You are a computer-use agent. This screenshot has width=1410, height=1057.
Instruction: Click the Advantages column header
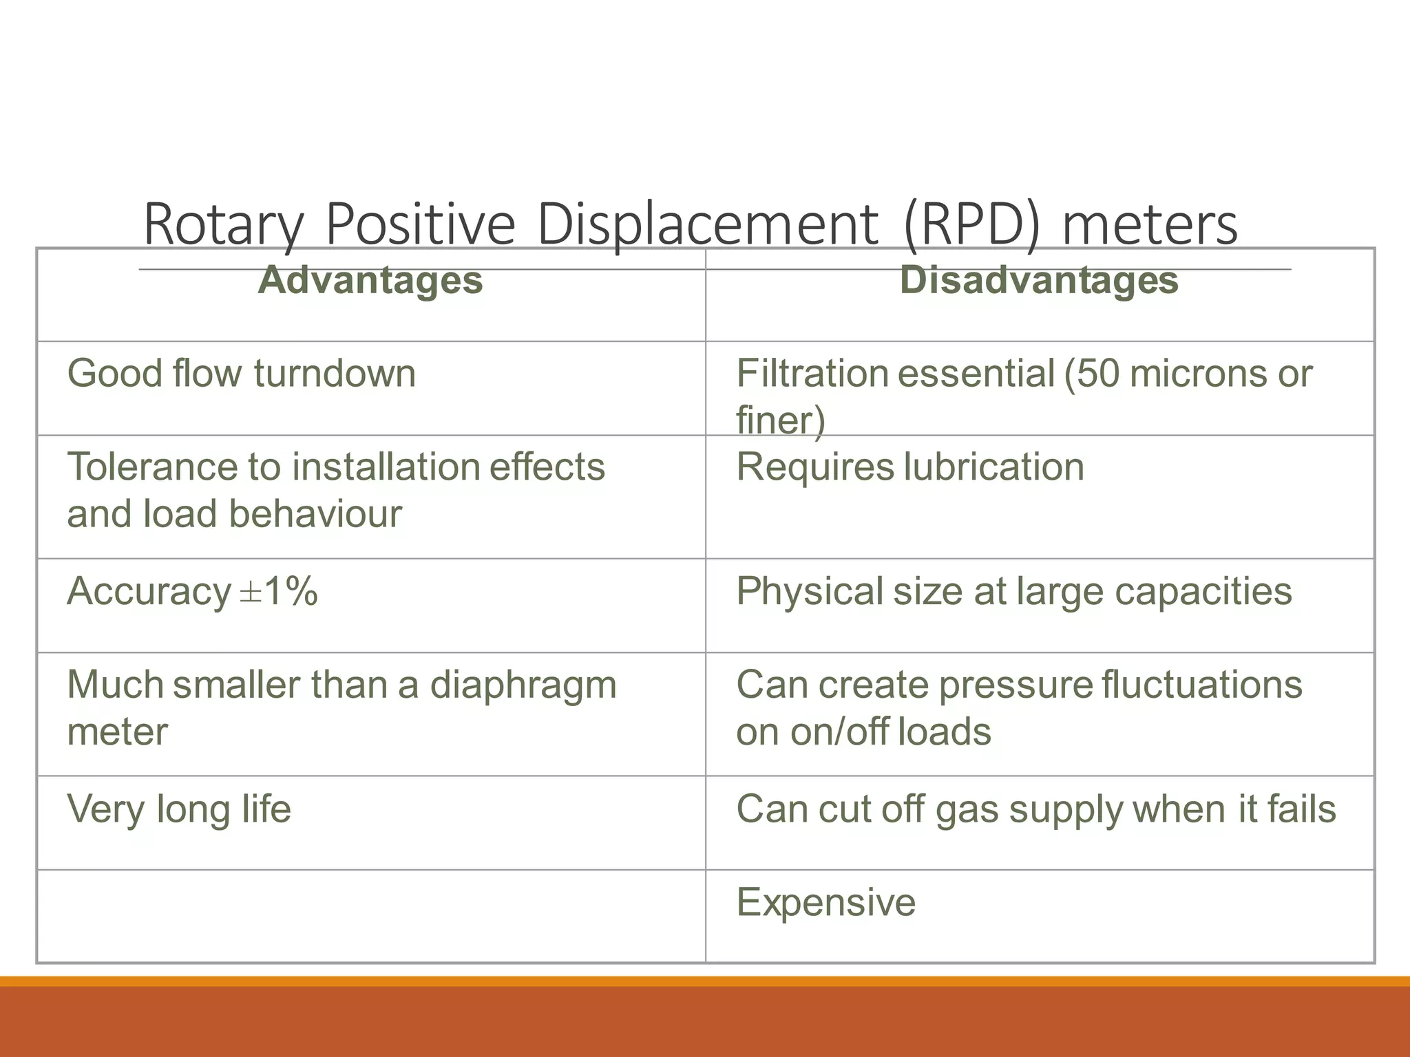pyautogui.click(x=370, y=281)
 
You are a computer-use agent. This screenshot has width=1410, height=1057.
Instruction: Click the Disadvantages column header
pyautogui.click(x=1039, y=281)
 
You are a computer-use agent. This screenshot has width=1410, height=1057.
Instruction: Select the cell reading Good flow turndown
pyautogui.click(x=242, y=374)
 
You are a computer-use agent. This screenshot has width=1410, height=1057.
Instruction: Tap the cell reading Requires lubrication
pyautogui.click(x=910, y=467)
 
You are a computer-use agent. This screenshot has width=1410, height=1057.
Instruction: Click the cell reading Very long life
pyautogui.click(x=179, y=809)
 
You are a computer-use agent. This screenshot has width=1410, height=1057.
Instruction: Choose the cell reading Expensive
pyautogui.click(x=826, y=902)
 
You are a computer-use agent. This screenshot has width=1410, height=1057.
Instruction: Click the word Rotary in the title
pyautogui.click(x=223, y=224)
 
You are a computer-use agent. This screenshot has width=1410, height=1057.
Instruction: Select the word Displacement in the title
pyautogui.click(x=707, y=224)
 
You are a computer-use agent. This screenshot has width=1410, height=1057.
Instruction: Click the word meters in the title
pyautogui.click(x=1150, y=224)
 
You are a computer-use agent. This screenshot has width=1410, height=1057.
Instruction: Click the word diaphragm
pyautogui.click(x=523, y=685)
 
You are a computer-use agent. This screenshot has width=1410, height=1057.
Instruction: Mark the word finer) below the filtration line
pyautogui.click(x=780, y=420)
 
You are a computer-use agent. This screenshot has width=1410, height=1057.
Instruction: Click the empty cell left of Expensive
pyautogui.click(x=370, y=916)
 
